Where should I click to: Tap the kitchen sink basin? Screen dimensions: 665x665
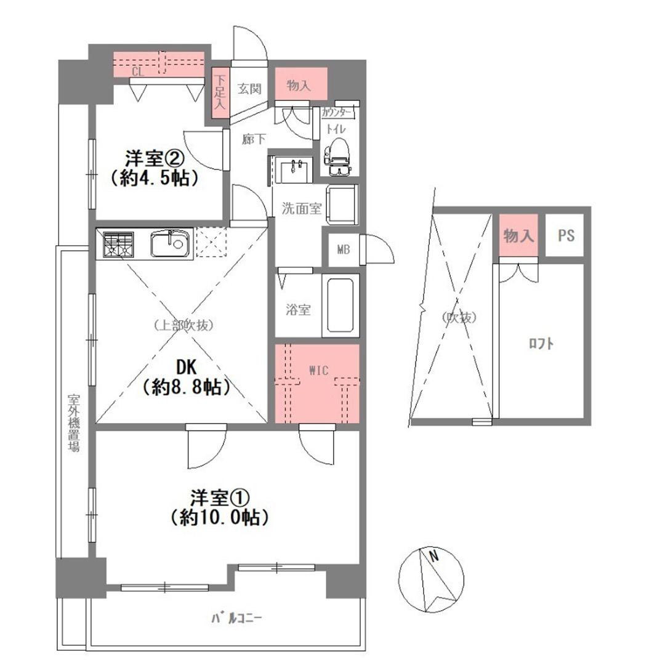tap(170, 243)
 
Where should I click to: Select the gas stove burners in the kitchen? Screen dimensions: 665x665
tap(118, 244)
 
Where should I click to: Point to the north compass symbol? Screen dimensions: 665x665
tap(432, 580)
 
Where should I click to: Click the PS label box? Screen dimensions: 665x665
tap(565, 235)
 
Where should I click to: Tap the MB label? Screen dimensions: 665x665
tap(344, 250)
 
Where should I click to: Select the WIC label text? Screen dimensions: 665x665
tap(318, 371)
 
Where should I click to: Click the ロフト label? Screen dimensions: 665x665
tap(541, 343)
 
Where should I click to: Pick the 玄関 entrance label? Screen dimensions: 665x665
tap(249, 89)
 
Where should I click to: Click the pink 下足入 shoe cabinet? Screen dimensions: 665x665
tap(220, 92)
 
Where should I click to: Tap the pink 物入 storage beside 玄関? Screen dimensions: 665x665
tap(301, 84)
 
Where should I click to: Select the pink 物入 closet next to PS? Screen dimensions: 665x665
tap(518, 235)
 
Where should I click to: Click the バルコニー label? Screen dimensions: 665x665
tap(236, 618)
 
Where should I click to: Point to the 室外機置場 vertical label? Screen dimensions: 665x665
tap(74, 423)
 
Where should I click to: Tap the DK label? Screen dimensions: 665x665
tap(187, 367)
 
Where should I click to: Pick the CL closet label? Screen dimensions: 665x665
tap(138, 71)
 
